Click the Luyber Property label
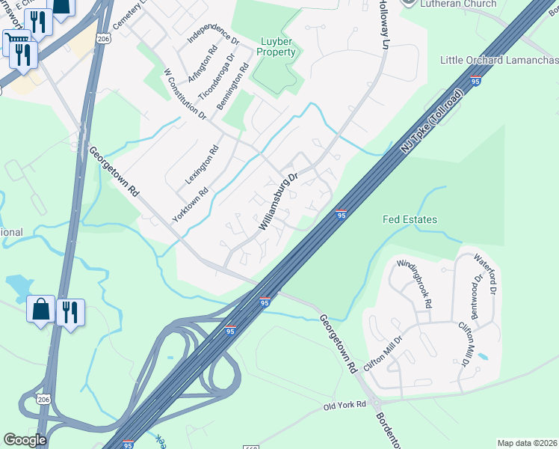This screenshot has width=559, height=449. tap(276, 46)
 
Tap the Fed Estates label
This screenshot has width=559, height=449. tap(410, 219)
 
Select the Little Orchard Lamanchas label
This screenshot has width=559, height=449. tap(499, 60)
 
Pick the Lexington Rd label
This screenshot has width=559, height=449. tap(202, 165)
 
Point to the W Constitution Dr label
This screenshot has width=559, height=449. tap(185, 94)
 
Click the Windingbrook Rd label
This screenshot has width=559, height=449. tap(416, 284)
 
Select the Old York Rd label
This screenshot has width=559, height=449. tap(345, 405)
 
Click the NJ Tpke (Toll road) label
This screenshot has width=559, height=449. tap(433, 121)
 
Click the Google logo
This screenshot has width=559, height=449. tap(25, 439)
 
